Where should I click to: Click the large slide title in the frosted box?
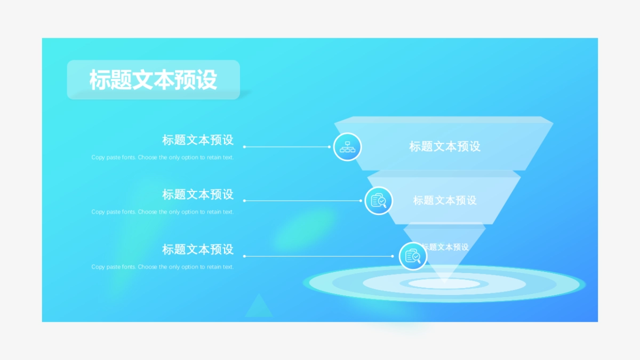(x=153, y=80)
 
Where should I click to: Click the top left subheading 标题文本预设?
(x=198, y=140)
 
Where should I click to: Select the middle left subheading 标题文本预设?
(x=198, y=195)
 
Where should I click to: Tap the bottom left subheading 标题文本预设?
(x=198, y=249)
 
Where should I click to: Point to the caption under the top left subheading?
(x=163, y=158)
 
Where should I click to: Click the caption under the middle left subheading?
(x=163, y=212)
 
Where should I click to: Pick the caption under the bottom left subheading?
(x=163, y=267)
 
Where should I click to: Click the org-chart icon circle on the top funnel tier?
(x=347, y=147)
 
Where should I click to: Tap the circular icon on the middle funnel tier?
(x=379, y=201)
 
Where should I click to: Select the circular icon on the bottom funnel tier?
(x=413, y=256)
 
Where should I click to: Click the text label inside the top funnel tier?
(x=445, y=146)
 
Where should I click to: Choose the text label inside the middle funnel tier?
(x=445, y=201)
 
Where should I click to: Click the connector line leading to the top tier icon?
(x=288, y=147)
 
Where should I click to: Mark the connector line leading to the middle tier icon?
(x=304, y=201)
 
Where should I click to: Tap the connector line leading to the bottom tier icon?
(x=320, y=256)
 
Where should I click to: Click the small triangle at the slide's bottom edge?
(x=259, y=307)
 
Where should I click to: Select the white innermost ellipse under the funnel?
(x=444, y=283)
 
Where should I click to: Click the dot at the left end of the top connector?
(x=244, y=147)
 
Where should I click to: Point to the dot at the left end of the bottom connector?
(x=244, y=256)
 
